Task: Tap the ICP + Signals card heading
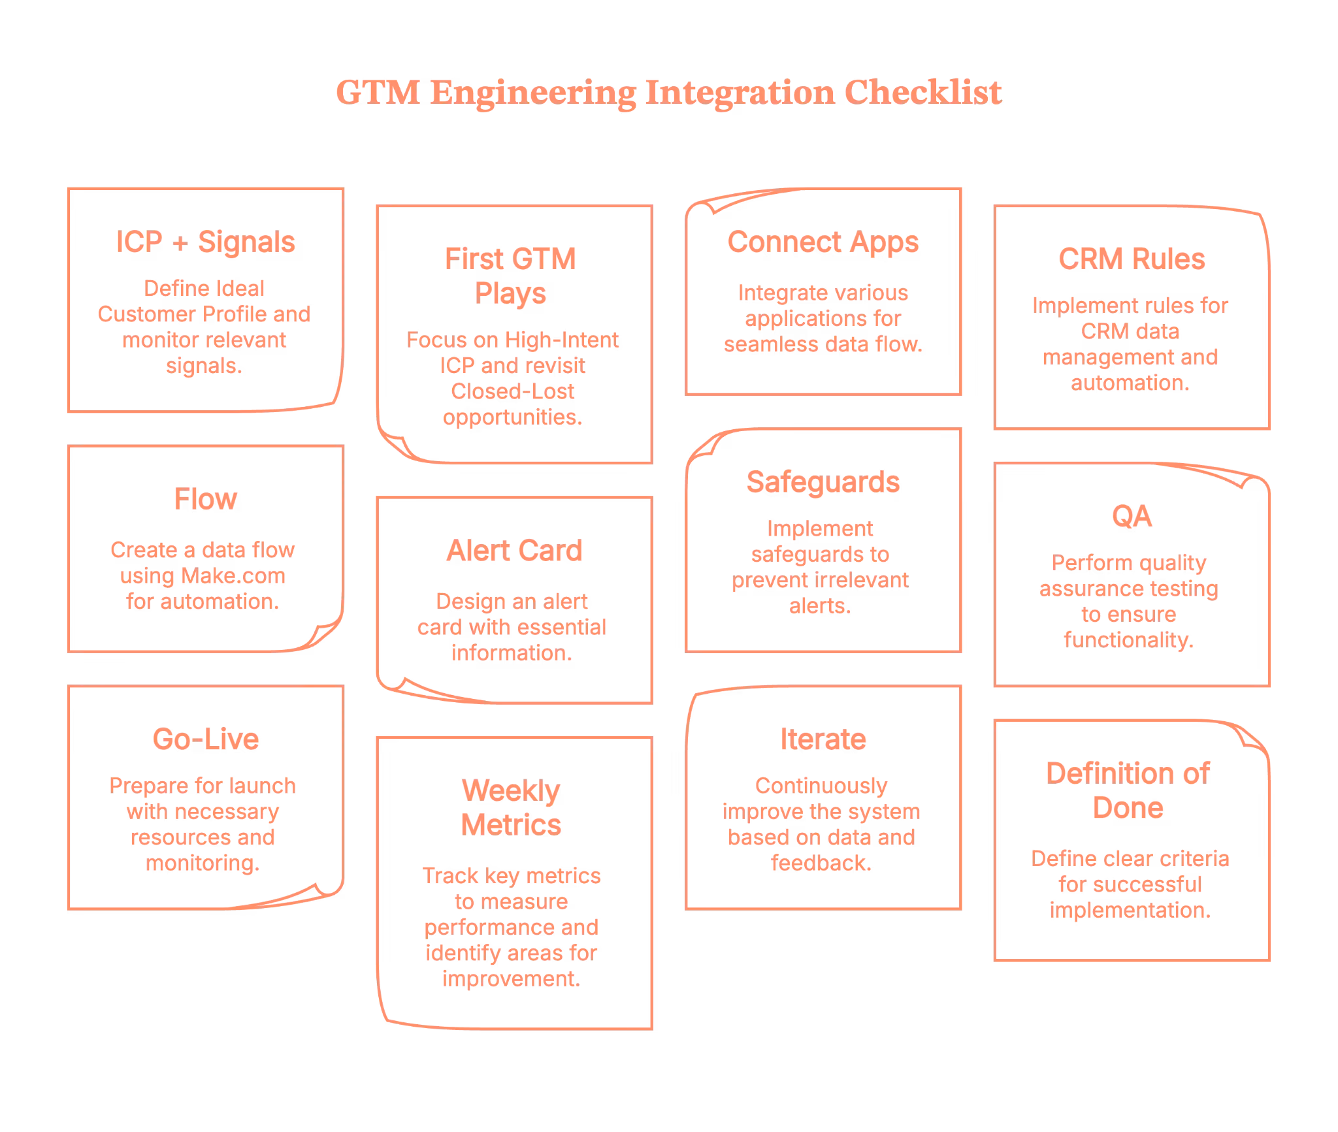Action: (205, 242)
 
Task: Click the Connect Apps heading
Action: (823, 242)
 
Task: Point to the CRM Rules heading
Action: (1131, 259)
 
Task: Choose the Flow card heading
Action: (205, 500)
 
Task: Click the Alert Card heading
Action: (514, 551)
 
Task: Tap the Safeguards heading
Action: (823, 482)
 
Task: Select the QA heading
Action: (1131, 517)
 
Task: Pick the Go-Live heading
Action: (205, 739)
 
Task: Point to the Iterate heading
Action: (823, 739)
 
